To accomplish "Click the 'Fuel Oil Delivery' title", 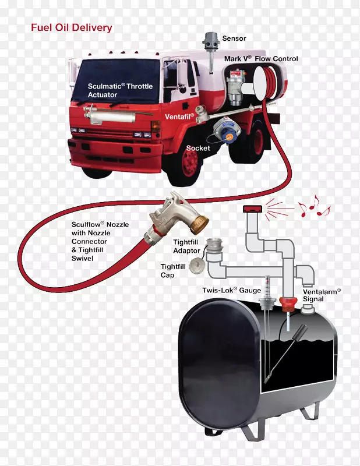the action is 72,27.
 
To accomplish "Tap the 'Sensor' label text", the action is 234,38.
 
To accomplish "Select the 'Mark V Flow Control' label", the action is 261,59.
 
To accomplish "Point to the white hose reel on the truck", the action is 261,83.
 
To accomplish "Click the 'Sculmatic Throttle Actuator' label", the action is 120,90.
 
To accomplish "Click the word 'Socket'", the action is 198,148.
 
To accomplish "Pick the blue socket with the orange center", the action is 227,130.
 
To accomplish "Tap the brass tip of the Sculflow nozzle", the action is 199,224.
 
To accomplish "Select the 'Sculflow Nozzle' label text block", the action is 100,241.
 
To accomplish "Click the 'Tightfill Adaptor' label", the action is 186,246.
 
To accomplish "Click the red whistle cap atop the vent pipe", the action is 252,209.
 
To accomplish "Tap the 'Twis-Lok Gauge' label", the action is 232,290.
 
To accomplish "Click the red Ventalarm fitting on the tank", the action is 288,304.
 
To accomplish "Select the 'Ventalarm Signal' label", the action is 322,295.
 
